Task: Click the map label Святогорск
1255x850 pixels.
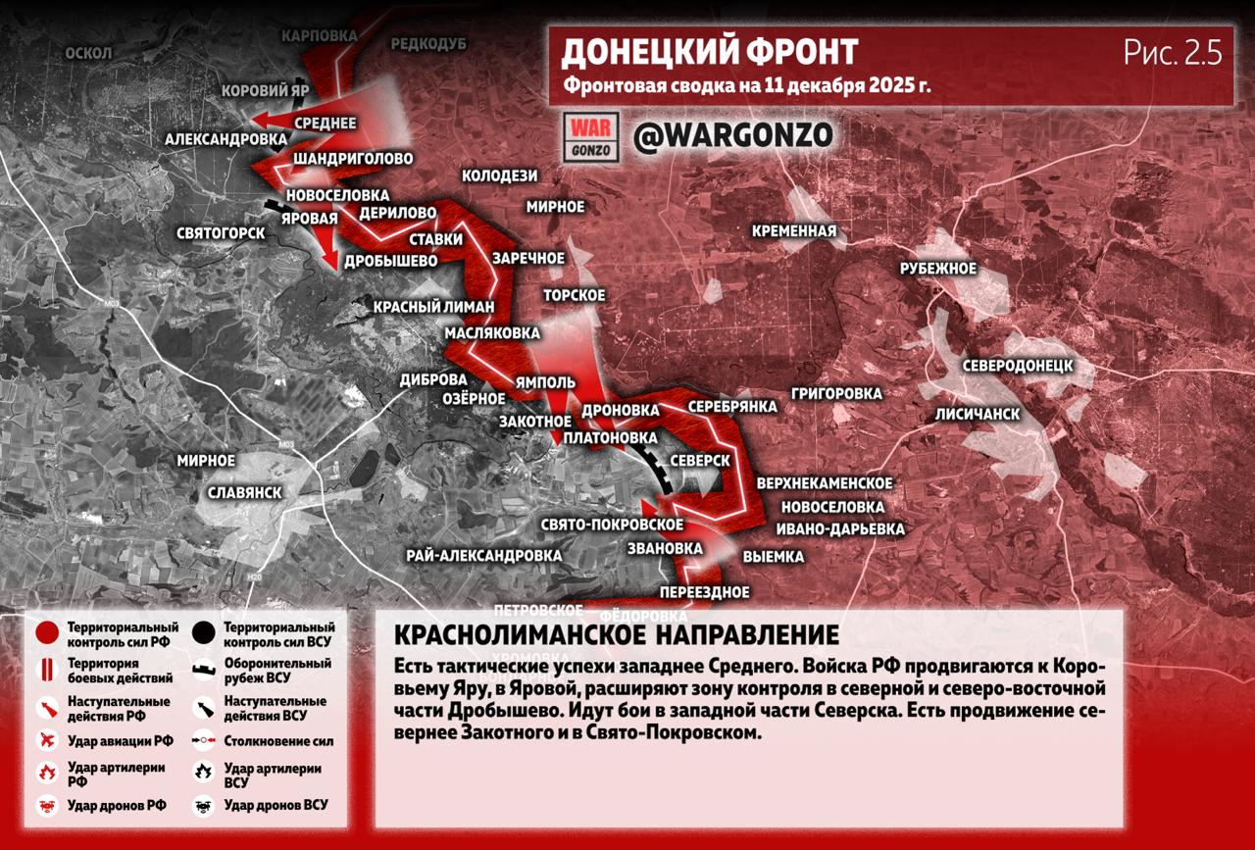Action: (221, 233)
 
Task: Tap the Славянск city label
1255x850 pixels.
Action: (245, 492)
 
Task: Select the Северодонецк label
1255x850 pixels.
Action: (1017, 366)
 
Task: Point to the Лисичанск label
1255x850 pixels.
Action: (978, 414)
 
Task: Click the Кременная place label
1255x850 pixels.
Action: (794, 231)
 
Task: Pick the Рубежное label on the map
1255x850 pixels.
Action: (938, 269)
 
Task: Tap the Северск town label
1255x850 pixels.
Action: (700, 460)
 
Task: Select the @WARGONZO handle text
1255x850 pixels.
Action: (732, 135)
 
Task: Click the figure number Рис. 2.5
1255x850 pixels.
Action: (1173, 54)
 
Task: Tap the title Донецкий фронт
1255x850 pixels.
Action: (709, 51)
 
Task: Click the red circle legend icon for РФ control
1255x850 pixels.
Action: (46, 633)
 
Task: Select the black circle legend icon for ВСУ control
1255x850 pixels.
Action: (204, 633)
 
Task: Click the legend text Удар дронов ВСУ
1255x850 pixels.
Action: (276, 805)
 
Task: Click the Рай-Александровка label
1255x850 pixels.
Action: (483, 556)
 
